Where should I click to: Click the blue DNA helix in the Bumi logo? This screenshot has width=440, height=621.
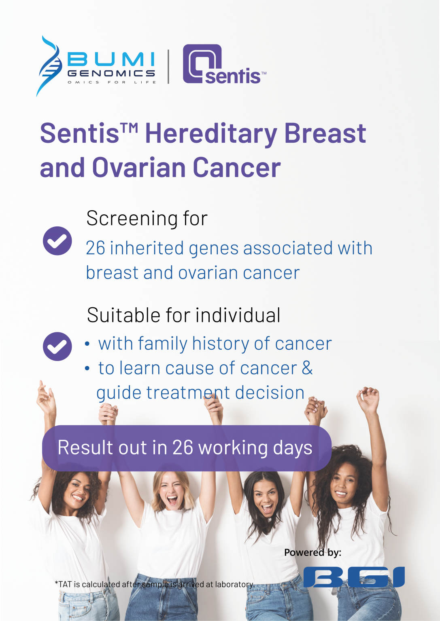click(x=49, y=66)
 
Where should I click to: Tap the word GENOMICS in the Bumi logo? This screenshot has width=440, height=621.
click(x=111, y=73)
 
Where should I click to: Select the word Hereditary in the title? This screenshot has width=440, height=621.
click(x=210, y=134)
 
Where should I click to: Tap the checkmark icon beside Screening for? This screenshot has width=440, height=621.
click(x=57, y=241)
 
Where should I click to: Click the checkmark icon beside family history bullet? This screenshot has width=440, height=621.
click(x=57, y=346)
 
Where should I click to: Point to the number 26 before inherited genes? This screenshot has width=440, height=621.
click(x=96, y=248)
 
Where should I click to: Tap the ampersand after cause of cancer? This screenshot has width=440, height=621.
click(x=307, y=368)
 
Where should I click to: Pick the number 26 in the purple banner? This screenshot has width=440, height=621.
click(x=183, y=448)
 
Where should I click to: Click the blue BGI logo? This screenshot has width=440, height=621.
click(x=354, y=577)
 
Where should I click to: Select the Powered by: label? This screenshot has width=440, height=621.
click(x=312, y=553)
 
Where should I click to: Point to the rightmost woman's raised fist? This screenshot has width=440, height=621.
click(x=368, y=395)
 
